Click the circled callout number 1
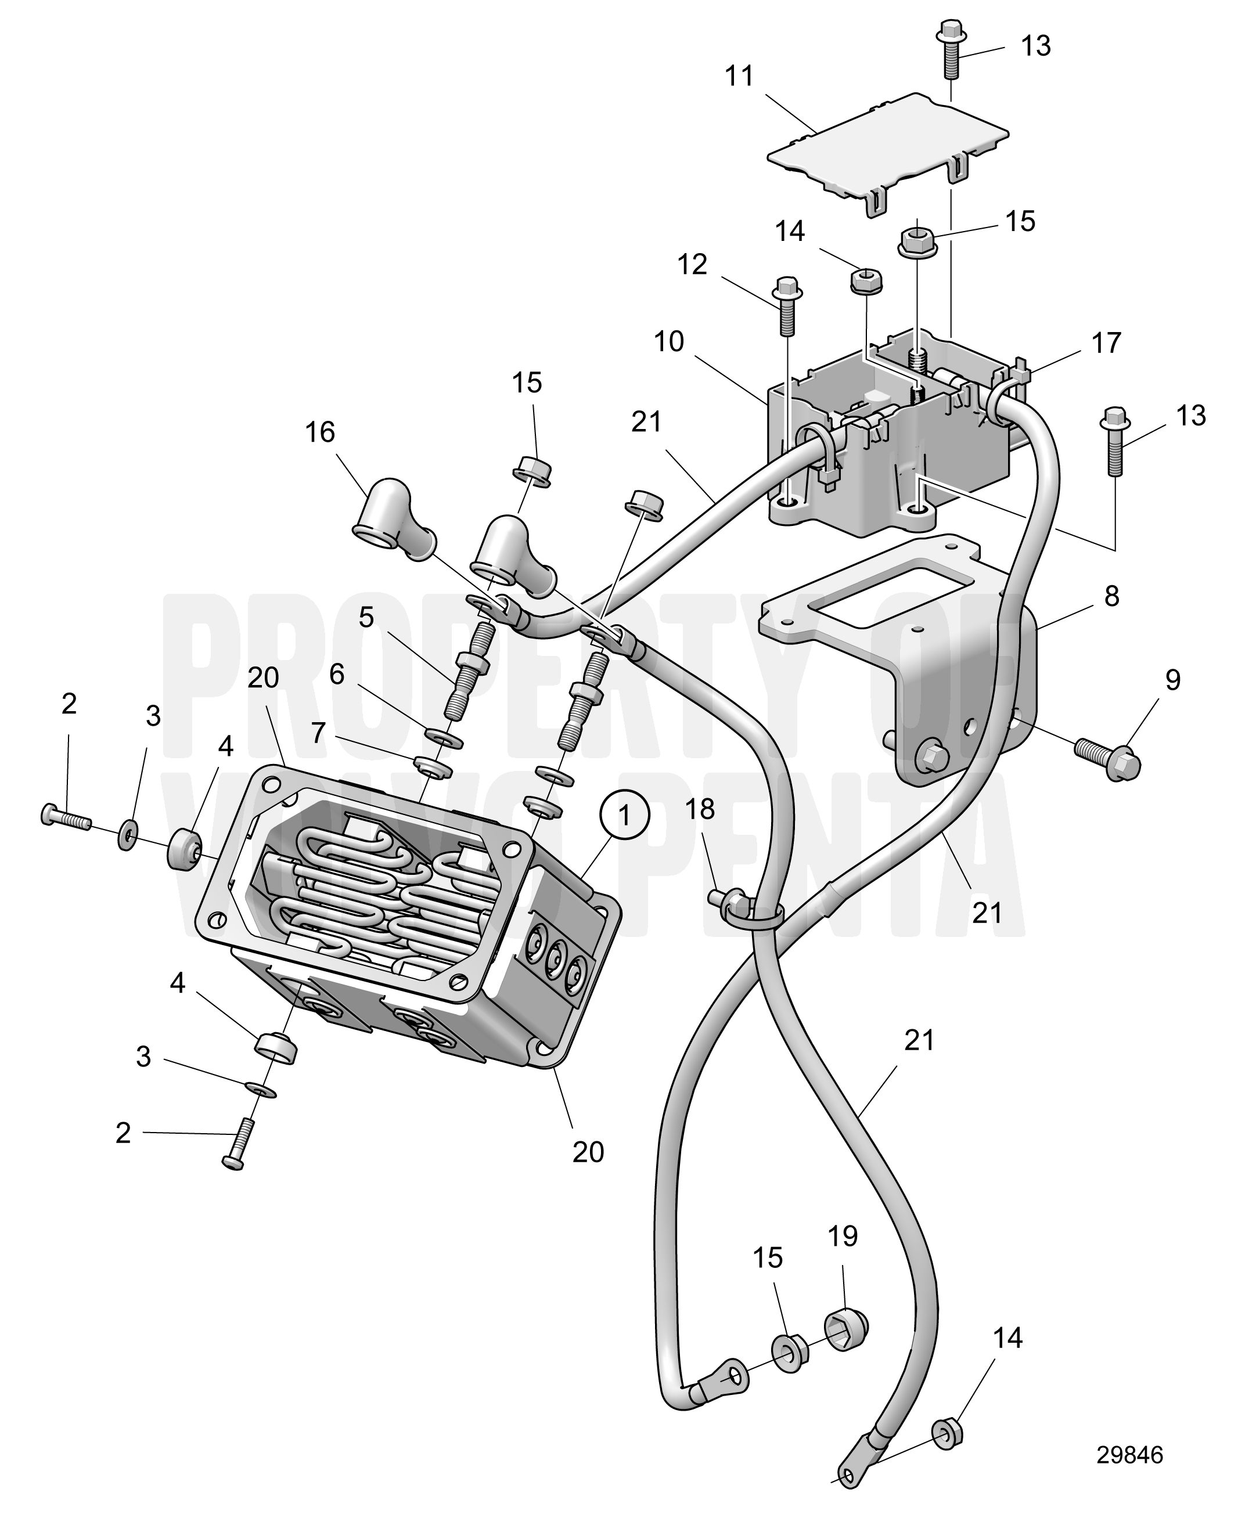coord(624,814)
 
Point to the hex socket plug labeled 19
coord(846,1326)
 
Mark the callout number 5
coord(366,618)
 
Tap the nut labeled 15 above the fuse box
coord(917,241)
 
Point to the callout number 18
coord(700,809)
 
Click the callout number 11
coord(739,76)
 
